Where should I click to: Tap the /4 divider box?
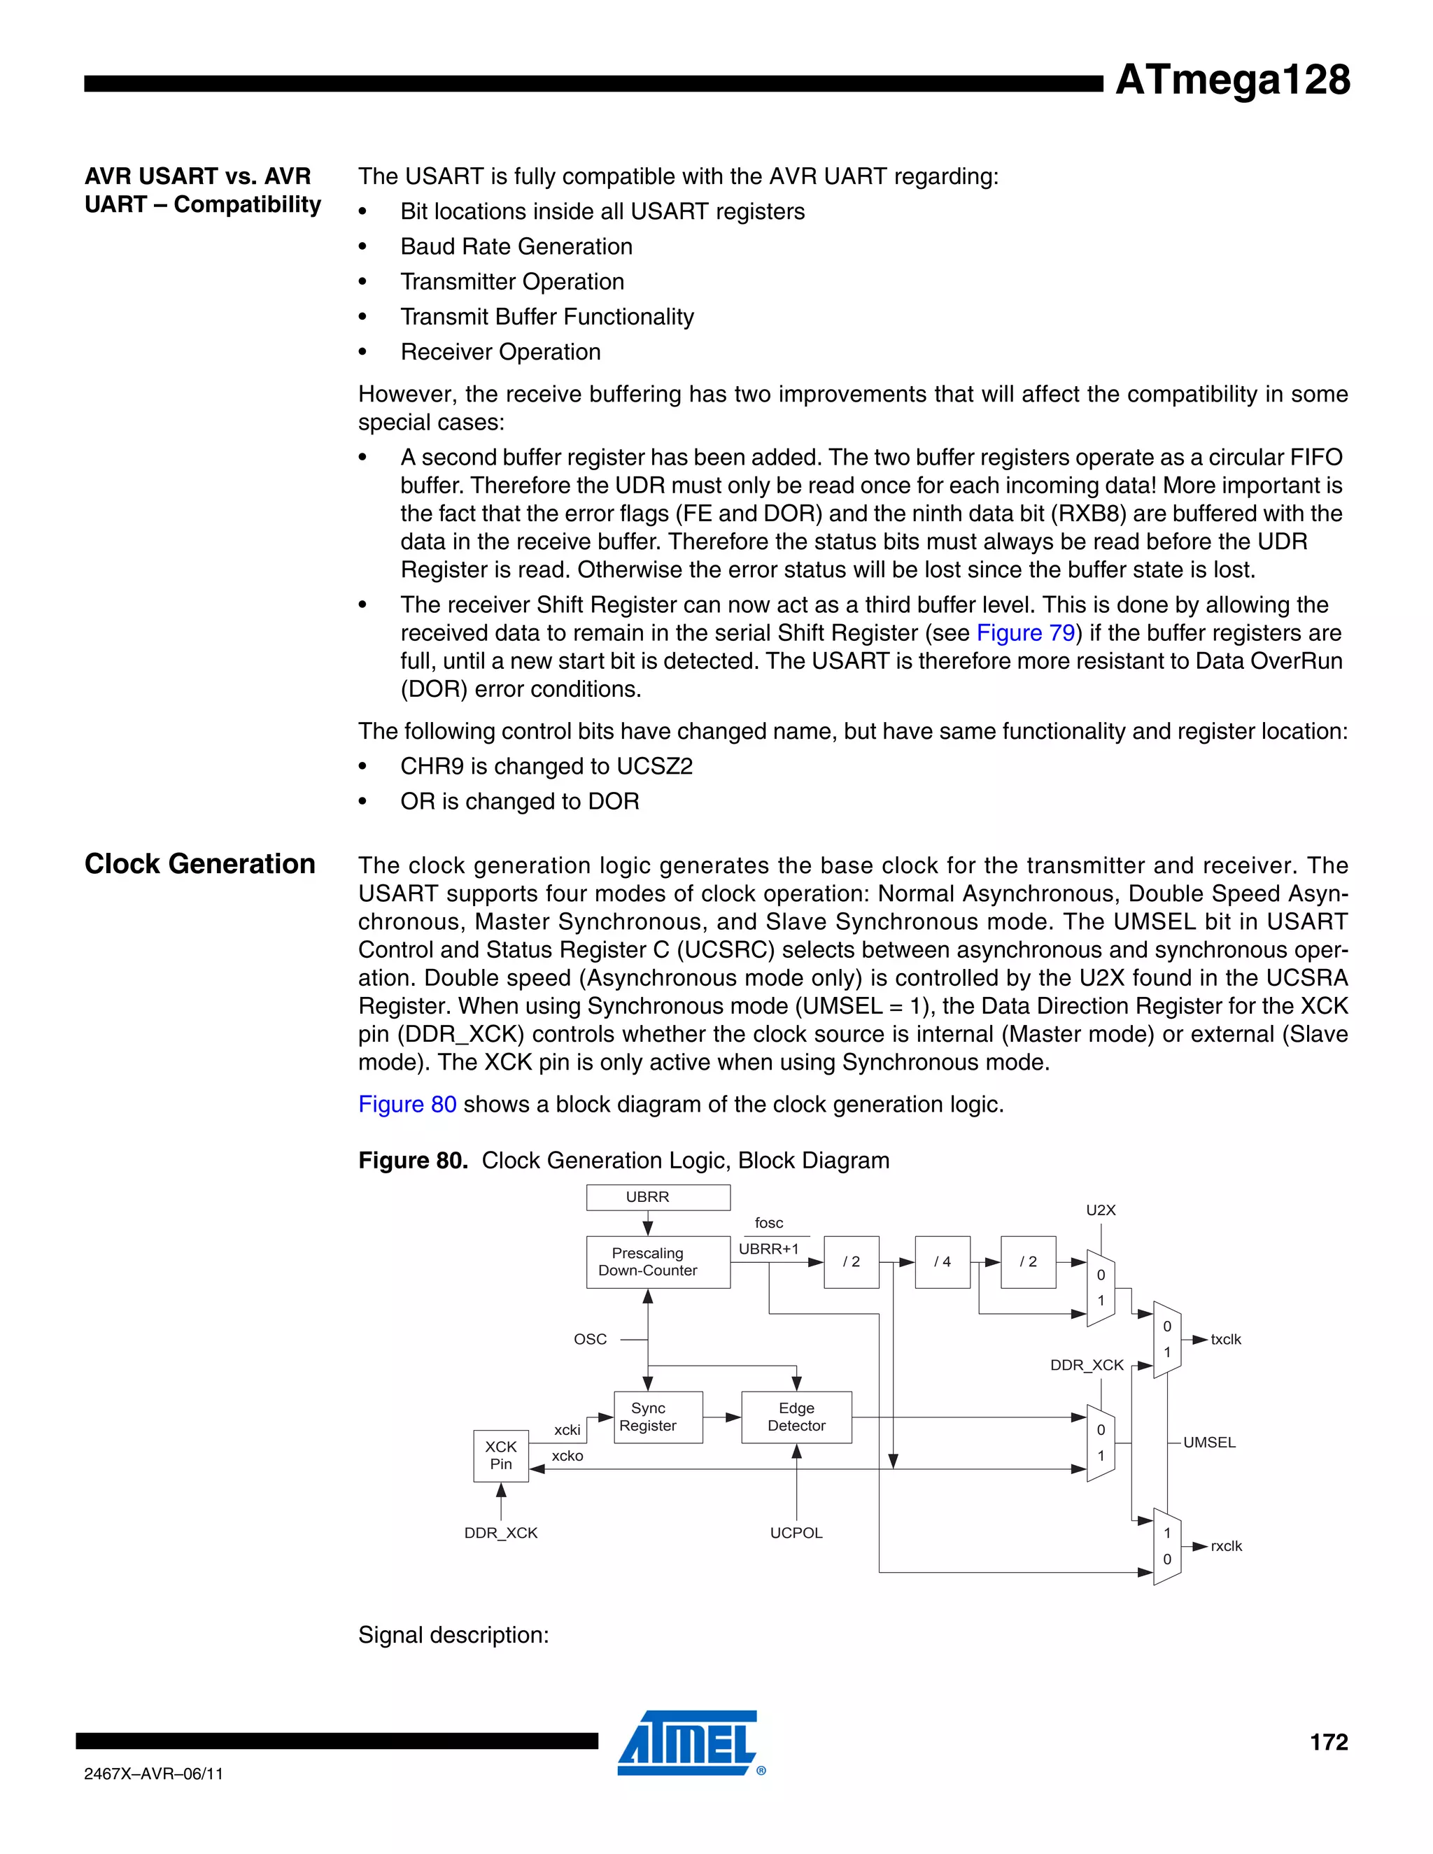[x=942, y=1262]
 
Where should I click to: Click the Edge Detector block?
[x=796, y=1417]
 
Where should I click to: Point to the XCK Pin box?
[x=500, y=1455]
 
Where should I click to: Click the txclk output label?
[x=1225, y=1340]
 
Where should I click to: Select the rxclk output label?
[x=1226, y=1546]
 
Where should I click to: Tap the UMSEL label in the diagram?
[x=1209, y=1443]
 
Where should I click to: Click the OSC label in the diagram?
[x=590, y=1340]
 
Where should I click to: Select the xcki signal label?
[x=567, y=1431]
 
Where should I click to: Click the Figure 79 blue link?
[x=1026, y=633]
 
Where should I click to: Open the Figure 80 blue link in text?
[x=407, y=1105]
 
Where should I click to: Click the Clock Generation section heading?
[x=199, y=864]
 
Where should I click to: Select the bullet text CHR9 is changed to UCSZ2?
[x=546, y=767]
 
